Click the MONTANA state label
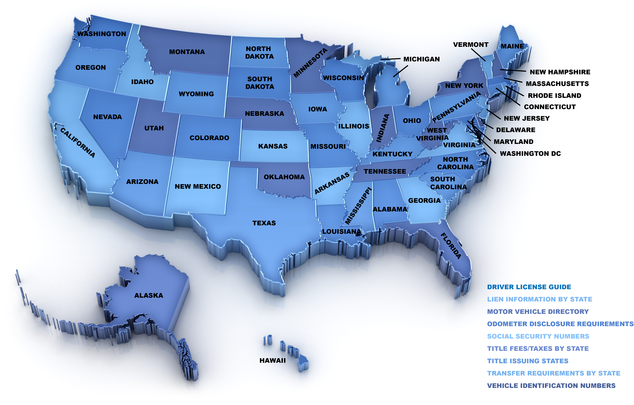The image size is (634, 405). tap(187, 52)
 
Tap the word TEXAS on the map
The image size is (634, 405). tap(264, 223)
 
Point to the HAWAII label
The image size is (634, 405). tap(272, 360)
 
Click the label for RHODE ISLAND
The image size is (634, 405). tap(554, 96)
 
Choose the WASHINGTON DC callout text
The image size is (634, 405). tap(530, 154)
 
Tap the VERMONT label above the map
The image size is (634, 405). tap(471, 45)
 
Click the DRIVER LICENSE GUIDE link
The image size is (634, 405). tap(529, 287)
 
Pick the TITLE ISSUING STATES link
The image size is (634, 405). tap(528, 361)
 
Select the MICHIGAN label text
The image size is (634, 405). tap(421, 59)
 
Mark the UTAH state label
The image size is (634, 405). tap(154, 128)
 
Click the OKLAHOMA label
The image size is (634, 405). tap(284, 177)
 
